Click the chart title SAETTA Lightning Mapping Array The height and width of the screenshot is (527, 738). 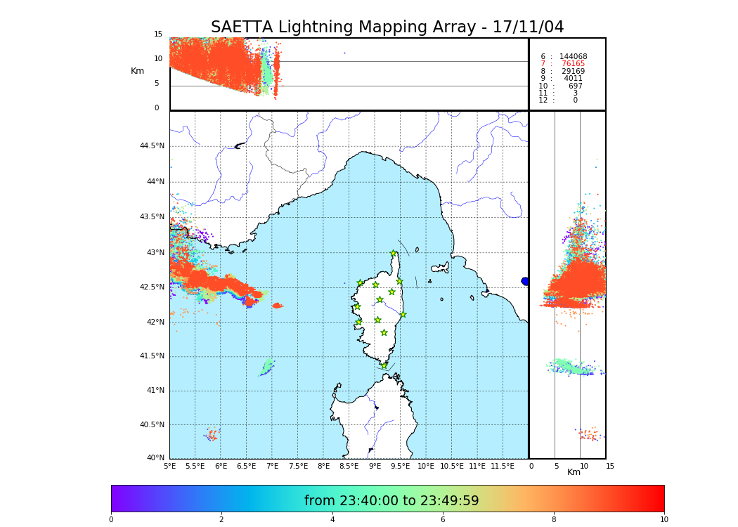(x=387, y=27)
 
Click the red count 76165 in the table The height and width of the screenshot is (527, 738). (x=573, y=64)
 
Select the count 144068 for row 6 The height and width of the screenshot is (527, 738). (x=573, y=57)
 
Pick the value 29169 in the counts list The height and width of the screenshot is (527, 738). (x=573, y=72)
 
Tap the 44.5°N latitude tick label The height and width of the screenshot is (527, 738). (x=151, y=146)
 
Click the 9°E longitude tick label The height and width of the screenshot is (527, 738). (x=375, y=466)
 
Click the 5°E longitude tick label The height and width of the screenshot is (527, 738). (x=169, y=466)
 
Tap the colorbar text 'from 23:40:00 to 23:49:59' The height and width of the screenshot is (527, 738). (x=391, y=501)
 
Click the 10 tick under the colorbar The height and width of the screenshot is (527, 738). (x=663, y=520)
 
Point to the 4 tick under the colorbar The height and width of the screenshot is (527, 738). (x=332, y=520)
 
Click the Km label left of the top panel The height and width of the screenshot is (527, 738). (x=137, y=71)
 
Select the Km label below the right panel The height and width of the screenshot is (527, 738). (x=574, y=472)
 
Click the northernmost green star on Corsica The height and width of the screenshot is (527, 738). (x=394, y=254)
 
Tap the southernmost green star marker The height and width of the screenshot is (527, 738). (x=384, y=365)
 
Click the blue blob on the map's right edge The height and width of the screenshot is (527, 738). (x=525, y=281)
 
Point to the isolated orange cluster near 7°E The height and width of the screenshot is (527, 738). (x=277, y=306)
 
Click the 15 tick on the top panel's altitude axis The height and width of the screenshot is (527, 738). (x=158, y=34)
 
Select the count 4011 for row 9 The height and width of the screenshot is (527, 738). (x=573, y=79)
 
